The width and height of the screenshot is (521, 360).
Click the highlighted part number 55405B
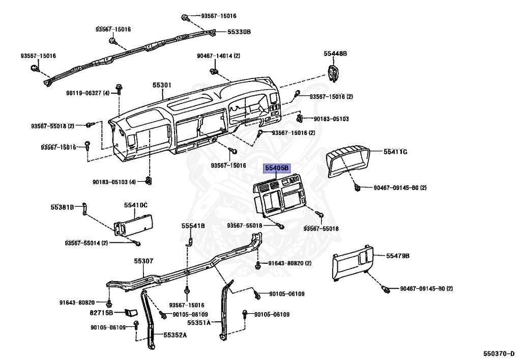(x=276, y=168)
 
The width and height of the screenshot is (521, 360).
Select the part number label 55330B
(x=239, y=32)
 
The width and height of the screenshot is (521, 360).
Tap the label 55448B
(x=335, y=53)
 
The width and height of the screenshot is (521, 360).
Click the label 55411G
(x=396, y=152)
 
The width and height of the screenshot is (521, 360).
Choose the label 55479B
(x=397, y=256)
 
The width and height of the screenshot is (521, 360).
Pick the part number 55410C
(x=135, y=205)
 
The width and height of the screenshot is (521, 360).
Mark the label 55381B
(x=62, y=207)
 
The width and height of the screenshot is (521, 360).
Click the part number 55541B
(x=193, y=226)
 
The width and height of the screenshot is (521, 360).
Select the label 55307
(x=143, y=261)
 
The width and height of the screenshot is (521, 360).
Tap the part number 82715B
(x=101, y=312)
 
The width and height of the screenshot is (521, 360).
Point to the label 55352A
(x=175, y=335)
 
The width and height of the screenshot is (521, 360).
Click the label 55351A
(x=199, y=323)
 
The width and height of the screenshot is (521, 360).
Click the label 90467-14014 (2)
(x=218, y=56)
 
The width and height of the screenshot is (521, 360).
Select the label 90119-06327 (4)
(x=88, y=93)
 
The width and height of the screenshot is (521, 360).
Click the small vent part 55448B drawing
(x=333, y=74)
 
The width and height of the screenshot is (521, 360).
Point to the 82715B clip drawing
(x=132, y=312)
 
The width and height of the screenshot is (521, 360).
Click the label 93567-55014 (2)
(x=86, y=243)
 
